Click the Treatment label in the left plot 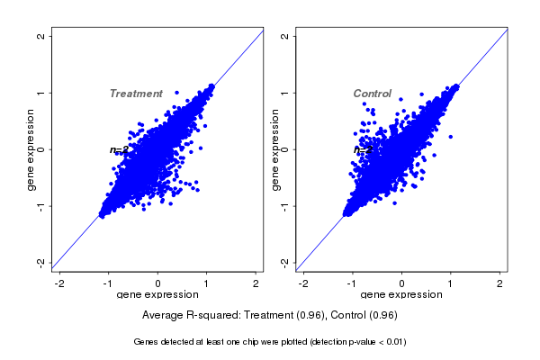(x=136, y=94)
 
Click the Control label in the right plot (x=372, y=94)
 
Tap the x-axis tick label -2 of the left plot (x=60, y=283)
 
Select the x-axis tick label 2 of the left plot (x=256, y=283)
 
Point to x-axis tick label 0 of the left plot (x=158, y=283)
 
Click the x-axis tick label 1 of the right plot (x=451, y=283)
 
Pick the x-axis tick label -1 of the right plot (x=352, y=283)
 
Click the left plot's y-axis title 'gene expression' (x=31, y=149)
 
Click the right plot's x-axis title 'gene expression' (x=401, y=295)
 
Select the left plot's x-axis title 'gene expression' (x=158, y=295)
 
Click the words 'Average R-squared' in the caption (x=190, y=316)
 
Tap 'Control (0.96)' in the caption (x=364, y=316)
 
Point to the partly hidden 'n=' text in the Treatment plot (x=116, y=150)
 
